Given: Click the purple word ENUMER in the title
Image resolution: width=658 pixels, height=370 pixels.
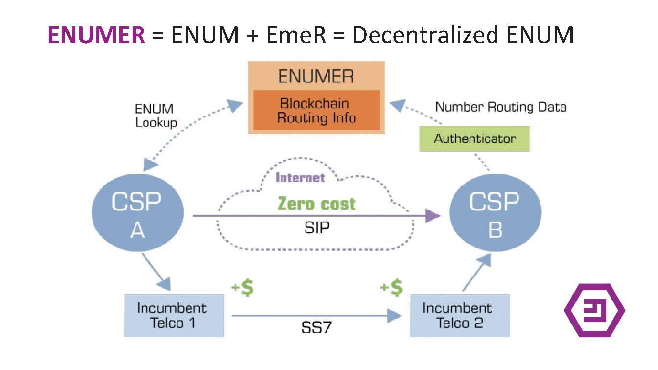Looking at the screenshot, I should (x=96, y=35).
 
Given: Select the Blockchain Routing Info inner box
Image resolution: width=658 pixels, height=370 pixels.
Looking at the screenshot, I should (x=316, y=111).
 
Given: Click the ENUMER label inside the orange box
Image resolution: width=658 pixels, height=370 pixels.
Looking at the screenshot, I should (x=316, y=76).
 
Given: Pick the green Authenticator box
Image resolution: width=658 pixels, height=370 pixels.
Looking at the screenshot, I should (x=474, y=138).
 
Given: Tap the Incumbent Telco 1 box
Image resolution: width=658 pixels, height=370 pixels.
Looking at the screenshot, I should (x=174, y=315).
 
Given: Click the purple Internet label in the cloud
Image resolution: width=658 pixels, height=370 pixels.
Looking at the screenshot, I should (x=300, y=177).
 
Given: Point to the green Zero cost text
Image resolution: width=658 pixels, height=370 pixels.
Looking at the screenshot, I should (x=317, y=203).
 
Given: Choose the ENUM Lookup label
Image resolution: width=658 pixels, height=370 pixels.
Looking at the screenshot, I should (x=156, y=116).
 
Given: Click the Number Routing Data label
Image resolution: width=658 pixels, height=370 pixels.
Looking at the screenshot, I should (x=500, y=107).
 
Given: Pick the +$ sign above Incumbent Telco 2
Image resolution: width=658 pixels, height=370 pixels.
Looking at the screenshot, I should (x=392, y=288).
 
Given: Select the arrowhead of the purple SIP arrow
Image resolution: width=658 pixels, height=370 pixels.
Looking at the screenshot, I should (x=432, y=216).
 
